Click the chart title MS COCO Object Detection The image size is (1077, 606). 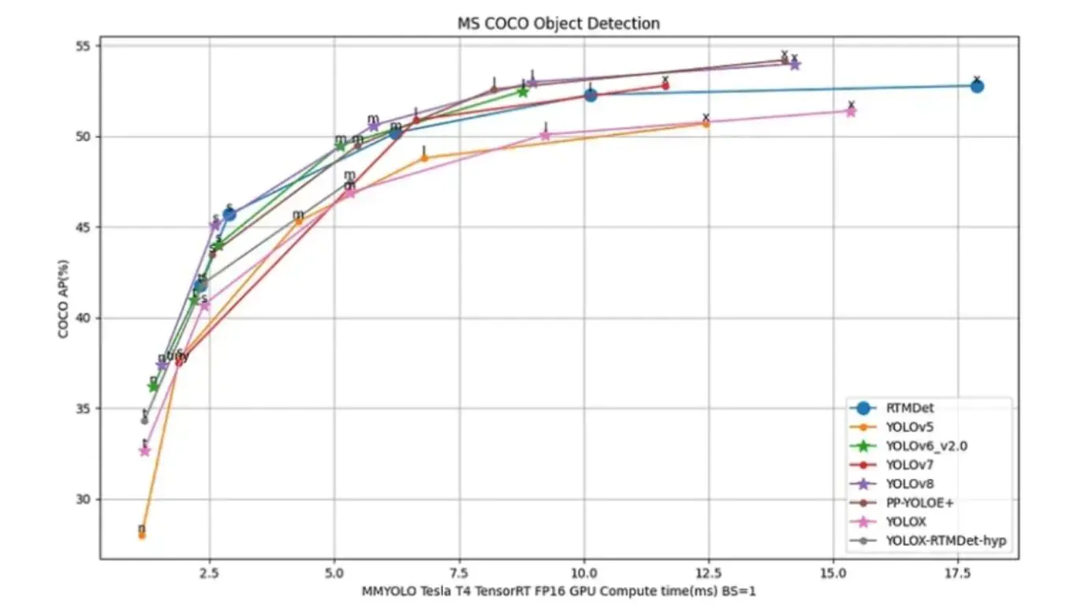558,24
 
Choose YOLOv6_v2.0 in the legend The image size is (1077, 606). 926,446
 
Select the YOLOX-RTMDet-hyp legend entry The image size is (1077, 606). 947,541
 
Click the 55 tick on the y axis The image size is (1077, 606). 84,46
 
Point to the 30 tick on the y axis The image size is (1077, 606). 84,499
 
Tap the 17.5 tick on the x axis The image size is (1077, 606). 958,571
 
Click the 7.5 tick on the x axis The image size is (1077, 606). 459,571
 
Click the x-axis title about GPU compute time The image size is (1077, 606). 559,590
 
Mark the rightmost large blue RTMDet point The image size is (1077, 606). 977,86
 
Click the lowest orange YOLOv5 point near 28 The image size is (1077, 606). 142,535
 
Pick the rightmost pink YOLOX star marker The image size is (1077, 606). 851,111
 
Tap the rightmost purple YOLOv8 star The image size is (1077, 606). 795,65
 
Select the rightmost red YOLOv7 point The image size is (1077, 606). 665,85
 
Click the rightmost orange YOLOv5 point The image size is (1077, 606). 706,124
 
